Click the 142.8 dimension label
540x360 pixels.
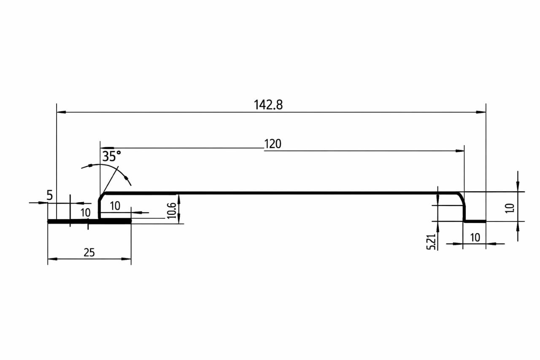click(268, 105)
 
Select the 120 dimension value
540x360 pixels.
click(273, 144)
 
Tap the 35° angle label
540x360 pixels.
click(111, 156)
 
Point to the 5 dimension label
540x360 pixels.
click(49, 195)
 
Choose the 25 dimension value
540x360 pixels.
click(89, 252)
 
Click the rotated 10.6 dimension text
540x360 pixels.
click(171, 211)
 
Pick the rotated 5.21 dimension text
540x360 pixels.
click(431, 241)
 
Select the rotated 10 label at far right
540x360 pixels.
click(510, 208)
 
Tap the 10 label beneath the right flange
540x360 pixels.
click(475, 238)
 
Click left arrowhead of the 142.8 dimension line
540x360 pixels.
click(61, 112)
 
